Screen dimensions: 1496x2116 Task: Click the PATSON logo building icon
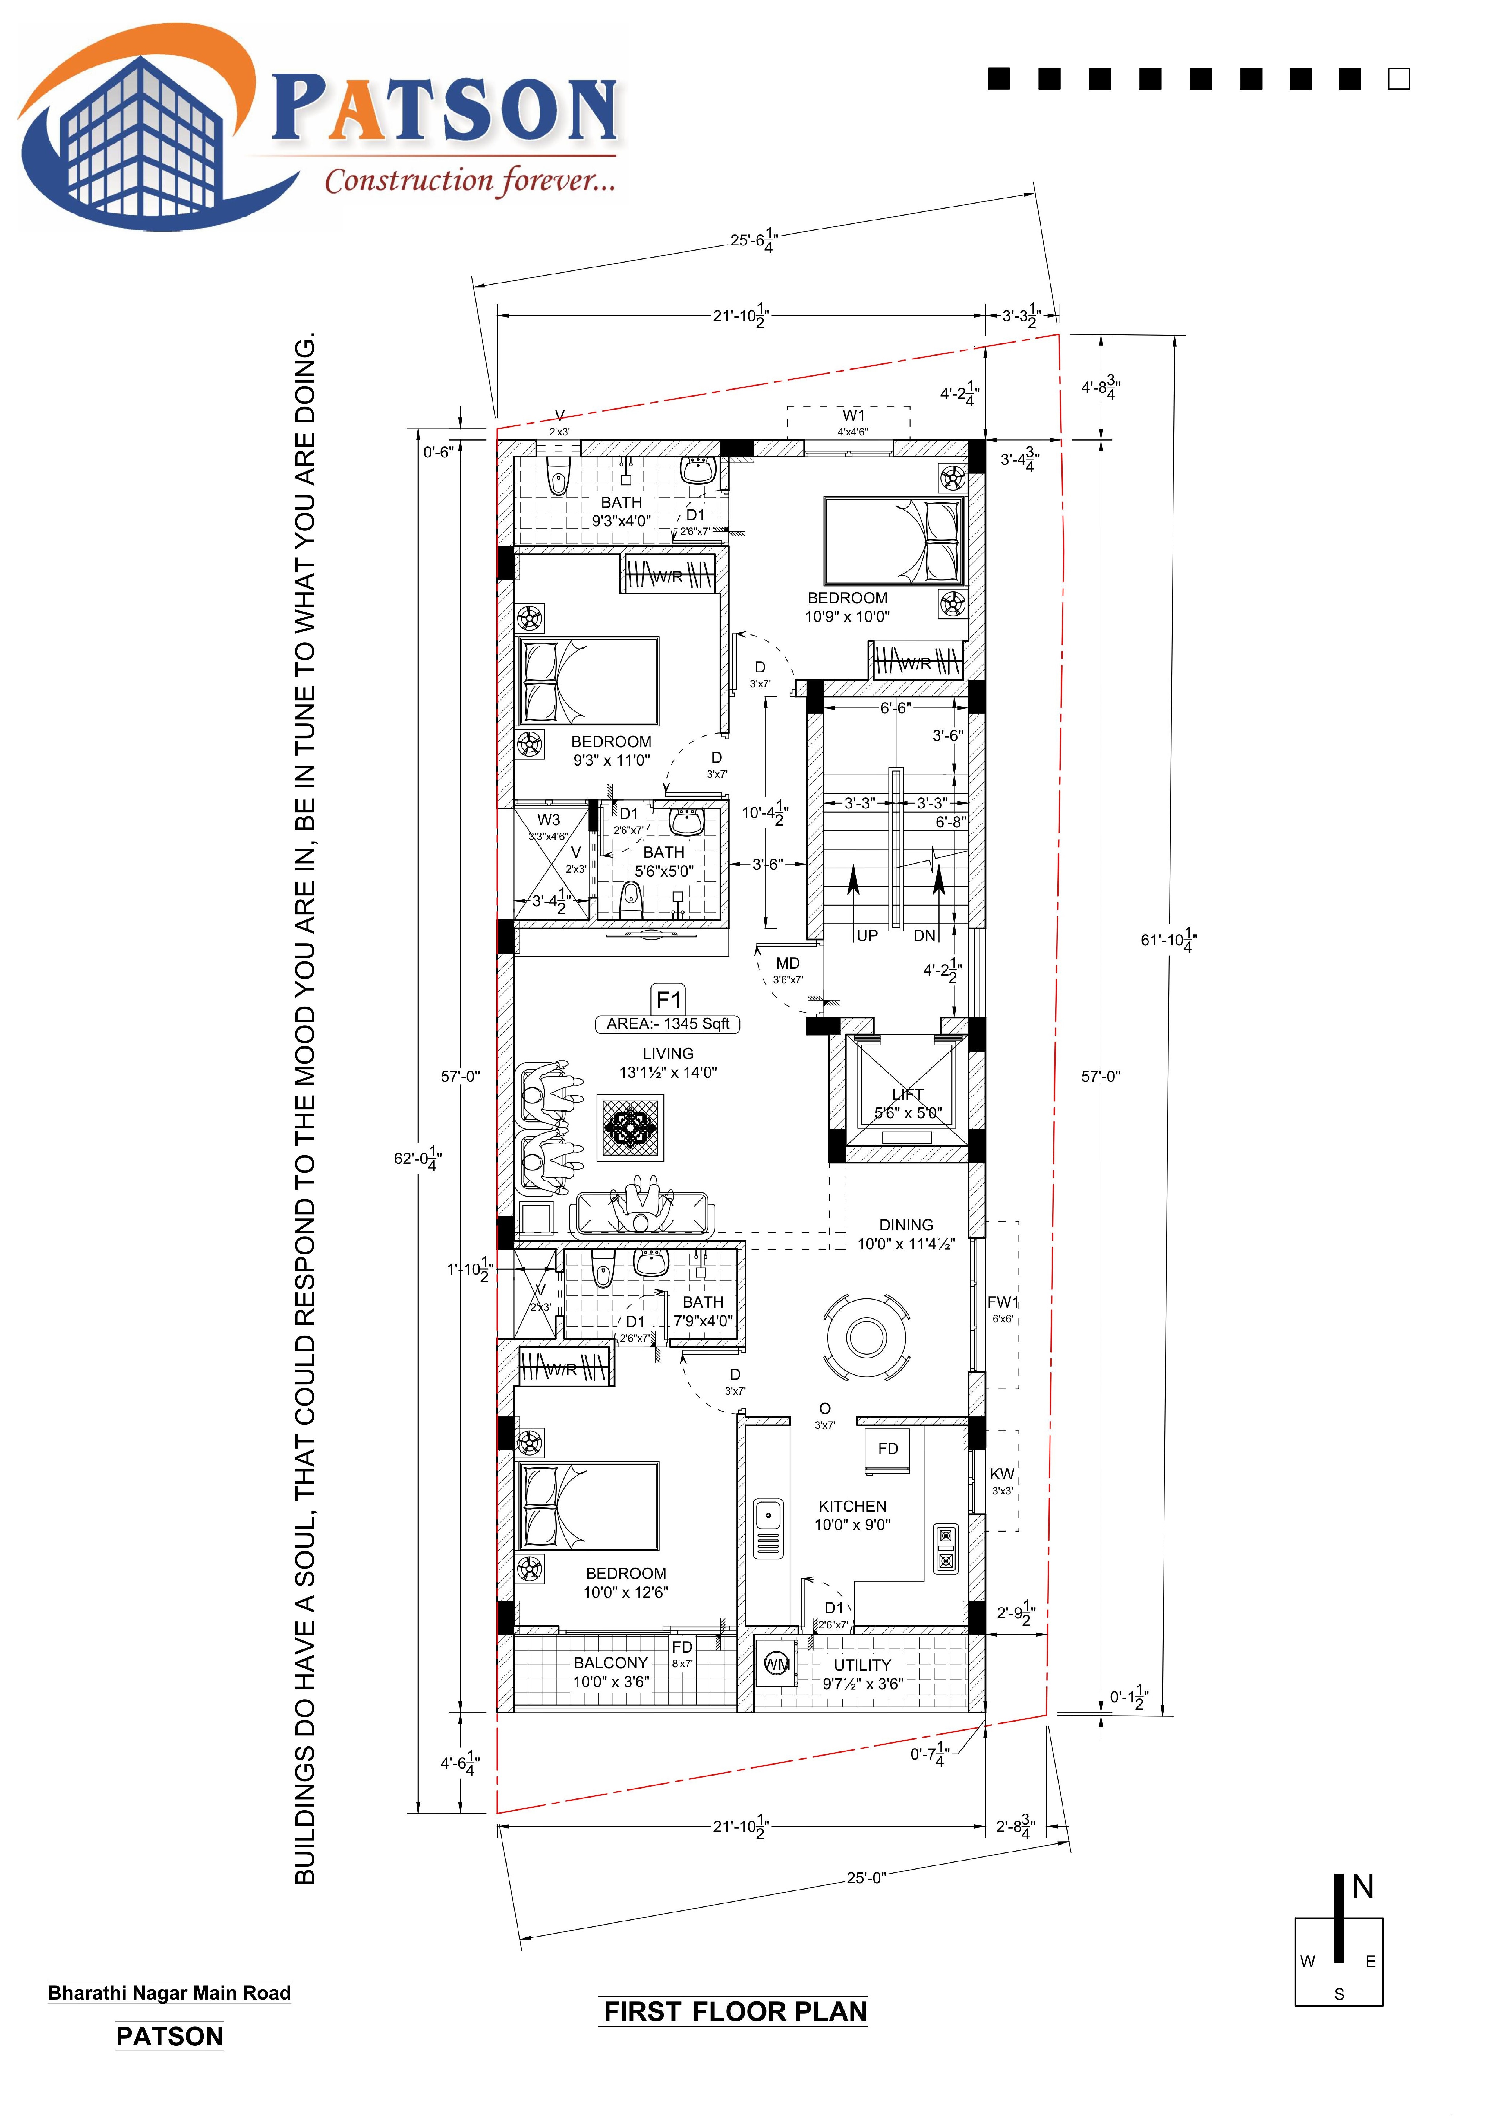pyautogui.click(x=138, y=134)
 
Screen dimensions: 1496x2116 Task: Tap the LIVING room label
pyautogui.click(x=668, y=1053)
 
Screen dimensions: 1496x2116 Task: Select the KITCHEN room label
pyautogui.click(x=852, y=1506)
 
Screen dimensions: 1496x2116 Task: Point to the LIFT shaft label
pyautogui.click(x=907, y=1094)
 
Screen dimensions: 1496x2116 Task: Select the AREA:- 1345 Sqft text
pyautogui.click(x=668, y=1024)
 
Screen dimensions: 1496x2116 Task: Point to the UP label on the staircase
pyautogui.click(x=867, y=935)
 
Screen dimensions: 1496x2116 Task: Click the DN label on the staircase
pyautogui.click(x=924, y=935)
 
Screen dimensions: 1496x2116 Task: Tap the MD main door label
pyautogui.click(x=788, y=963)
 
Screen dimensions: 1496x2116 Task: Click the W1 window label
pyautogui.click(x=854, y=416)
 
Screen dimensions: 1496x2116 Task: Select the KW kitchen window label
pyautogui.click(x=1001, y=1474)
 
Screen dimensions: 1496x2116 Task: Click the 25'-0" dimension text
pyautogui.click(x=866, y=1877)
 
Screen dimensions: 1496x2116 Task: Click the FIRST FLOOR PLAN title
pyautogui.click(x=735, y=2012)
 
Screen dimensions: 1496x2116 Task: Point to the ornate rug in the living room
pyautogui.click(x=631, y=1127)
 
